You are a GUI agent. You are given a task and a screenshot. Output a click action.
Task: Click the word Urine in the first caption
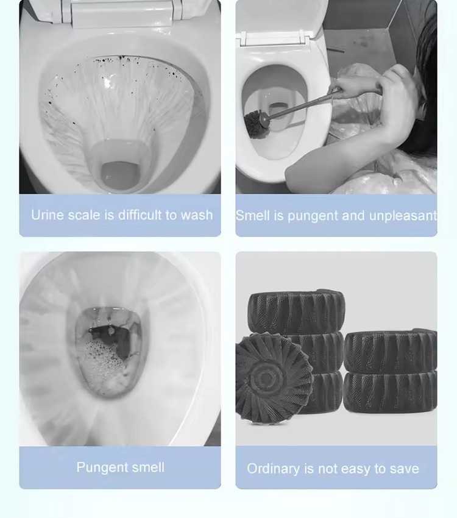[46, 215]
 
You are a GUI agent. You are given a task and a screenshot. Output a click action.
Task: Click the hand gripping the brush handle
[353, 85]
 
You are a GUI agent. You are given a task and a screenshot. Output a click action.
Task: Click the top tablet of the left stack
[297, 311]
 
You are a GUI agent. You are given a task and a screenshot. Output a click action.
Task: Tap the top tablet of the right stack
[390, 350]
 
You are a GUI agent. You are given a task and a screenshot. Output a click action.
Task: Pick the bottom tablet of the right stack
[390, 391]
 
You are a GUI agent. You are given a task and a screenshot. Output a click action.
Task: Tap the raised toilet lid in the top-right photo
[280, 18]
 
